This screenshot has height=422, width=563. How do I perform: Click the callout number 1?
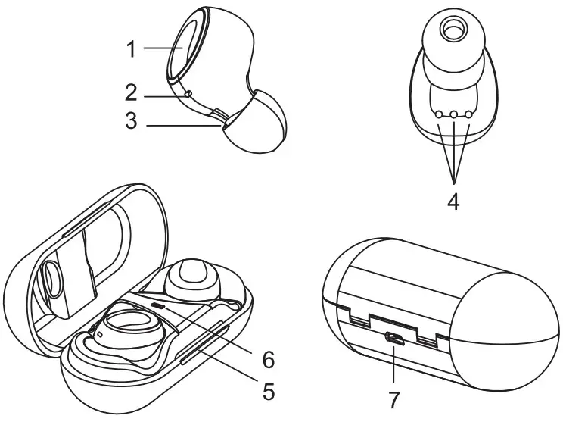tap(130, 49)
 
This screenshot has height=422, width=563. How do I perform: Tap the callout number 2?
tap(130, 92)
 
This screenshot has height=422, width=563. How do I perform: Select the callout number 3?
tap(130, 122)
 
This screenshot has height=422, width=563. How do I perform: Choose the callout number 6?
tap(267, 357)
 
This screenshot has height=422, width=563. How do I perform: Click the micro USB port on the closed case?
tap(394, 338)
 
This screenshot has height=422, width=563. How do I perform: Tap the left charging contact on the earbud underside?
tap(439, 114)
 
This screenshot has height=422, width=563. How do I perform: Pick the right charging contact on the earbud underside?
tap(468, 114)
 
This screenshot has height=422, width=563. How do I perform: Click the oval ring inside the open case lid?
tap(53, 281)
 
